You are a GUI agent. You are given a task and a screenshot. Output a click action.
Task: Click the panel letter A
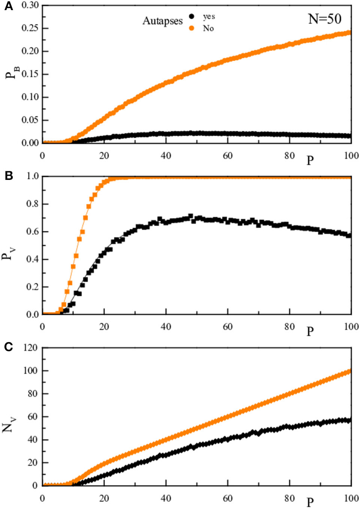(8, 6)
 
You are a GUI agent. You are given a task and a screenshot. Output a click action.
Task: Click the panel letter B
(8, 175)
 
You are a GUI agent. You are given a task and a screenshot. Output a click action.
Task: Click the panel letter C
(8, 347)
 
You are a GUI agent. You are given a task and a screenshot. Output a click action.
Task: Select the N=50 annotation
(324, 19)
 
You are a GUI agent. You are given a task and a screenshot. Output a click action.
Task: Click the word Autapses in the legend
(162, 21)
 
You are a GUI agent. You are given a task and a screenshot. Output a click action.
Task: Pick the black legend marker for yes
(192, 16)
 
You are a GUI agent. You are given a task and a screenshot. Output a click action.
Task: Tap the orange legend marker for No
(192, 28)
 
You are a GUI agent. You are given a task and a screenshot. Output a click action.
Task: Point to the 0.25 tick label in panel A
(30, 28)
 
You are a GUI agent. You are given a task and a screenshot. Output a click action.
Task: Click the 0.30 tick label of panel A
(30, 5)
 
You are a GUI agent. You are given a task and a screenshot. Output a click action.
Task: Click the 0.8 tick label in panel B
(32, 204)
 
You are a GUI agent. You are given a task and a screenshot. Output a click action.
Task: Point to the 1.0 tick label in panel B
(32, 176)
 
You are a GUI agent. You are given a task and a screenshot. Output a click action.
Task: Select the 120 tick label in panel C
(30, 348)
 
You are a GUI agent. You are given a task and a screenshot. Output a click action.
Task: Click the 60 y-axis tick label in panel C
(33, 416)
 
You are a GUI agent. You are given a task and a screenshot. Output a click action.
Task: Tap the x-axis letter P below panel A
(310, 160)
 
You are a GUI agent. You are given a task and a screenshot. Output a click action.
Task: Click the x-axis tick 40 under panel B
(166, 327)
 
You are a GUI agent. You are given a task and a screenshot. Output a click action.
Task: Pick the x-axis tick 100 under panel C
(351, 498)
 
